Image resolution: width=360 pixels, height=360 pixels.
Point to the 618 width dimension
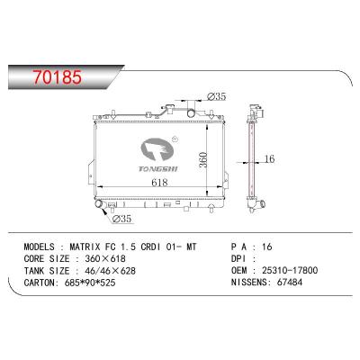159,183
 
